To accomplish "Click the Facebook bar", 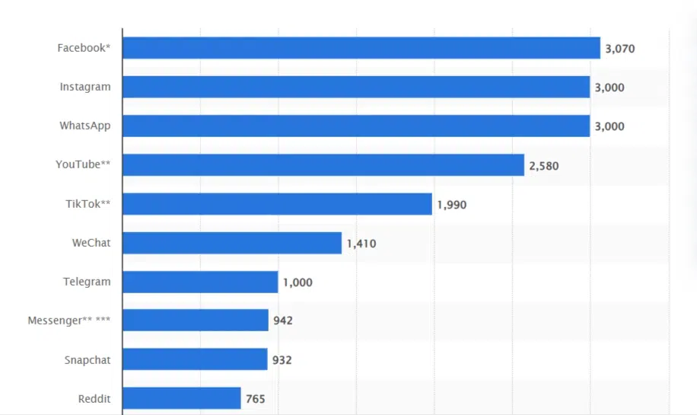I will coord(361,48).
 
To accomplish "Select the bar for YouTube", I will coord(323,165).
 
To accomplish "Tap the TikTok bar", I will coord(277,204).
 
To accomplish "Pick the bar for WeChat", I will coord(231,243).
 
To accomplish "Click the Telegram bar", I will coord(200,282).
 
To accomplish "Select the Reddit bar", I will coord(181,398).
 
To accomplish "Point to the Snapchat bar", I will coord(195,359).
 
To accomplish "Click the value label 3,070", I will coord(619,49).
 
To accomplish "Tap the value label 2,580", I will coord(543,165).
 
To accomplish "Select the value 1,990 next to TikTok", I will coord(451,205).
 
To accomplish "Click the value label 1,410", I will coord(361,244).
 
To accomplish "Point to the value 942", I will coord(283,321).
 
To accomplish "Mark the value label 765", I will coord(255,398).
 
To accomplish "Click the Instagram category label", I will coord(85,87).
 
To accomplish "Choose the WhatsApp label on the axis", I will coord(84,126).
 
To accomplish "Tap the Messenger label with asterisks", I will coord(68,321).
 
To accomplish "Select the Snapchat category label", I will coord(87,359).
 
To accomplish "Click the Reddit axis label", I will coord(94,398).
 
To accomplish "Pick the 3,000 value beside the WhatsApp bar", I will coord(609,126).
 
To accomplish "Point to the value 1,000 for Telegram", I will coord(298,283).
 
